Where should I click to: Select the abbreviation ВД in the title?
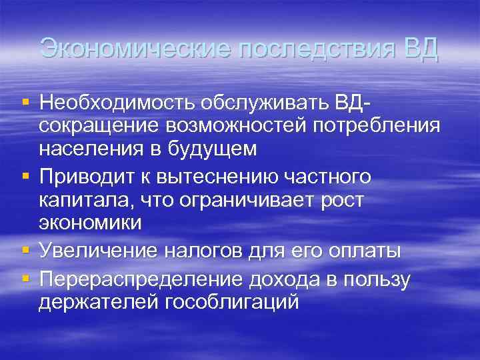coord(422,49)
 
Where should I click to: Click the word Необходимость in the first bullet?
coord(115,104)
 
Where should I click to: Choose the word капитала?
coord(77,200)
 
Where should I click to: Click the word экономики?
coord(90,222)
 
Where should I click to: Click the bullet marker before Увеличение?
coord(25,251)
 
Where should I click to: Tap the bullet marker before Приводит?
coord(25,177)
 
